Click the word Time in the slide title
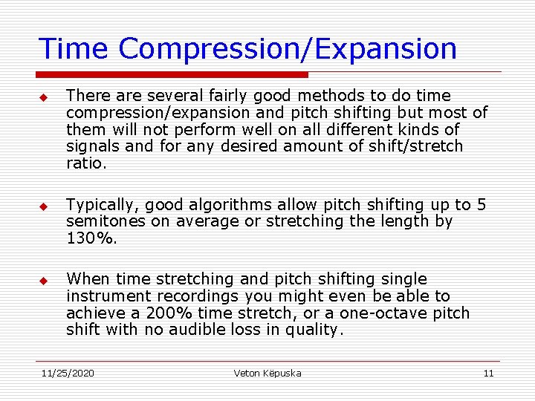(74, 49)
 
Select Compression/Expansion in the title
(288, 49)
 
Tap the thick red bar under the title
(172, 75)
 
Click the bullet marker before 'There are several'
(44, 98)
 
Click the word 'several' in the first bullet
(167, 96)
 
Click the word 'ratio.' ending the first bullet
(86, 163)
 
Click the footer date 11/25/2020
(68, 374)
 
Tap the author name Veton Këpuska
(267, 374)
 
